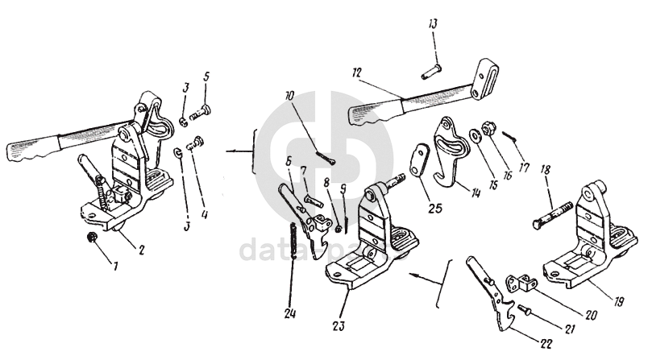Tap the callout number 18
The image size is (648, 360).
[x=545, y=170]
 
